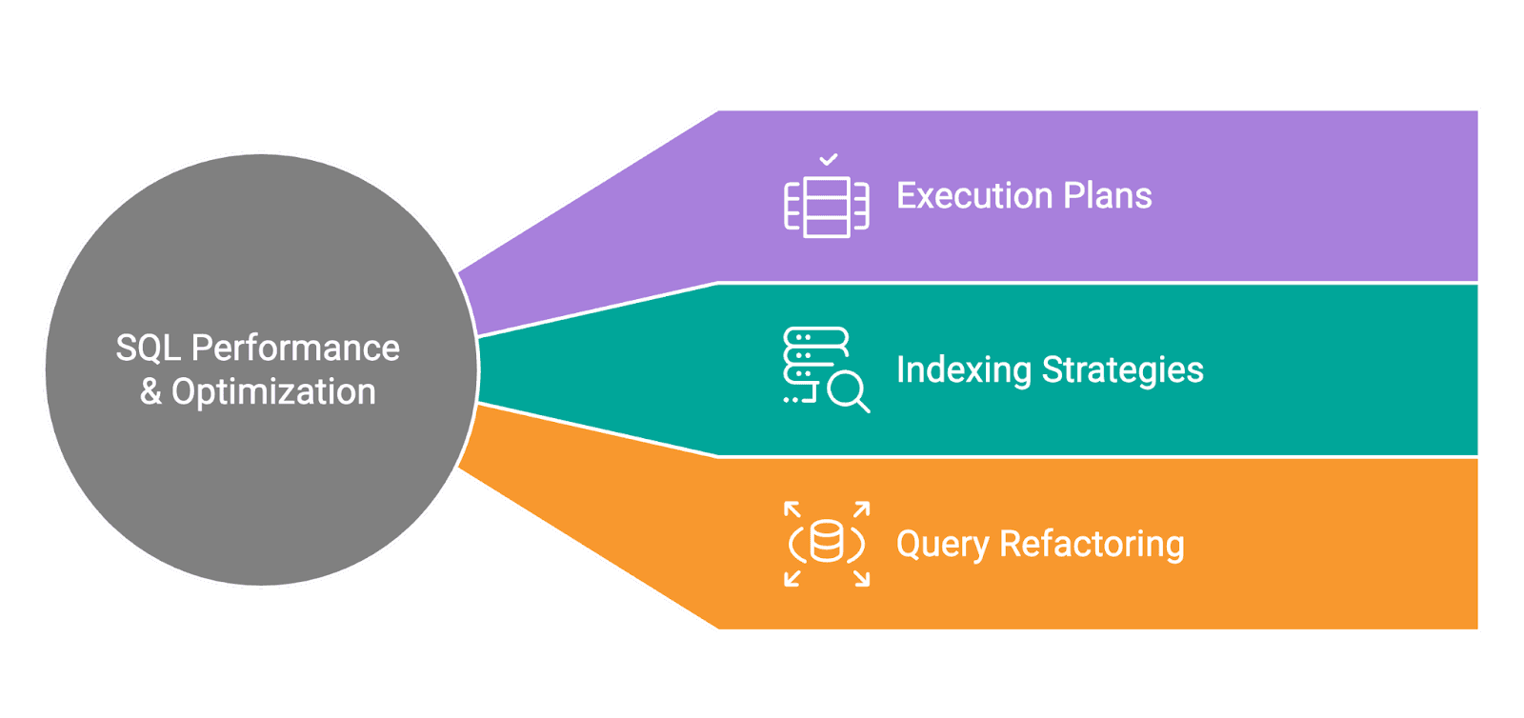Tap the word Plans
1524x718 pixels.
click(1108, 196)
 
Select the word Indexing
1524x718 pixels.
click(963, 370)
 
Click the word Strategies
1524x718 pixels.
click(1123, 370)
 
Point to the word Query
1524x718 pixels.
click(942, 545)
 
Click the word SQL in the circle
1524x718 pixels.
click(148, 349)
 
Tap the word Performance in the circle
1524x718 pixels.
click(295, 349)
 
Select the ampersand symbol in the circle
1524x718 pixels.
click(150, 392)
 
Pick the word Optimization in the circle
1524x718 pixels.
click(273, 392)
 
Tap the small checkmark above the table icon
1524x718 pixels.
click(829, 159)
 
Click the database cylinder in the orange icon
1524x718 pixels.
click(826, 543)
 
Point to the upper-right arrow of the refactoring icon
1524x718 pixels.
click(861, 509)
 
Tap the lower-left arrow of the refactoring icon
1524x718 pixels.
click(792, 578)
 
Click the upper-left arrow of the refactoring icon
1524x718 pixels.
click(792, 509)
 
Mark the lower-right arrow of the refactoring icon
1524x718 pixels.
click(861, 578)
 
